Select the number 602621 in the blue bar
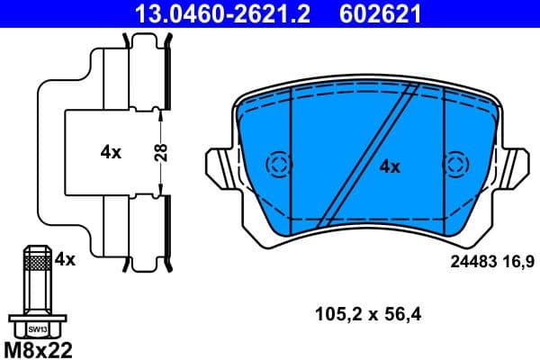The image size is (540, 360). click(x=379, y=14)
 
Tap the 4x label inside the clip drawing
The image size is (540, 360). click(x=111, y=152)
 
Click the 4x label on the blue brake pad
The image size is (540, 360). click(x=389, y=166)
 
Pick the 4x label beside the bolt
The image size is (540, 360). click(x=65, y=259)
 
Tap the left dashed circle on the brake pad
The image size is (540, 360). click(x=279, y=164)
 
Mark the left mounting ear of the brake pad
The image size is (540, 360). click(x=220, y=166)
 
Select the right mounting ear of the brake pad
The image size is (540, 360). click(x=517, y=166)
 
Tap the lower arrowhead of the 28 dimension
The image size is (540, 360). click(x=160, y=188)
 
